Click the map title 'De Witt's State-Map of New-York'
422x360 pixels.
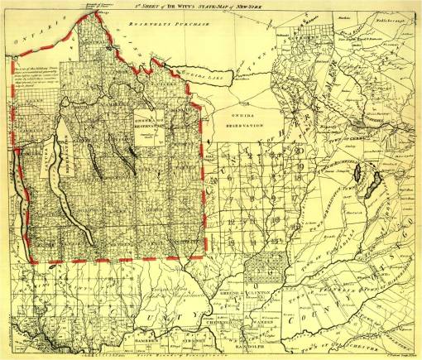(x=211, y=7)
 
